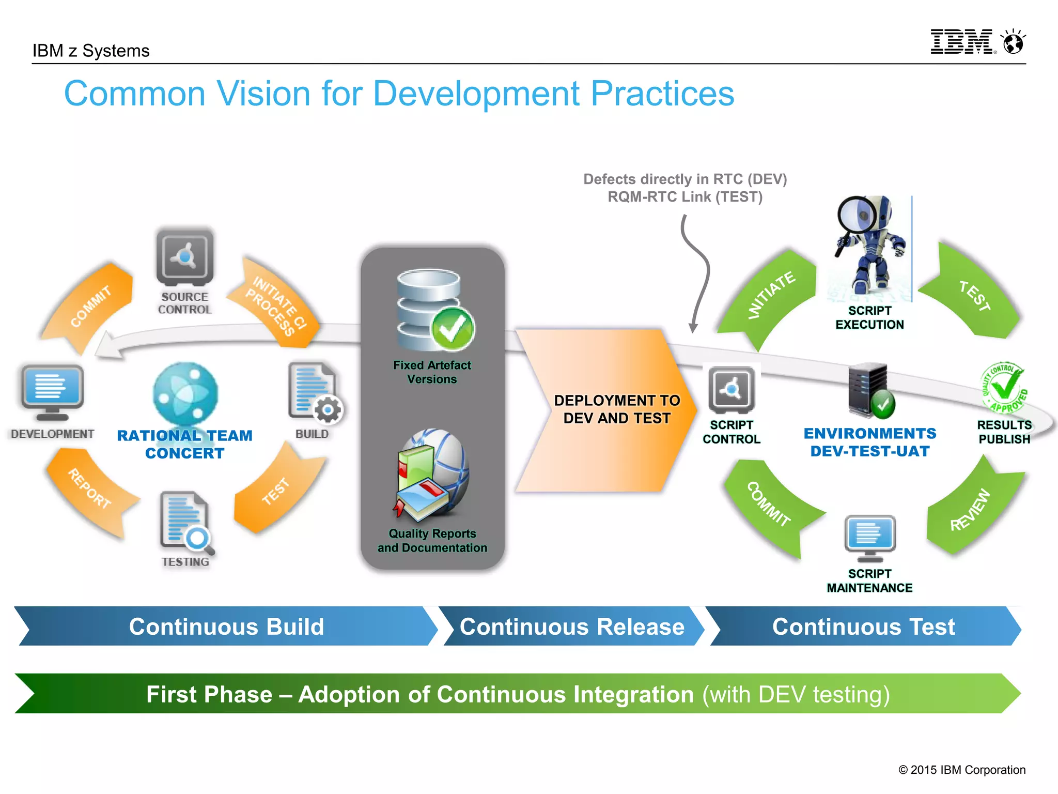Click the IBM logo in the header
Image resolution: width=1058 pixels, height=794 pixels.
(x=962, y=42)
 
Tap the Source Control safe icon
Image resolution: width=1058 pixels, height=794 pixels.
(x=184, y=257)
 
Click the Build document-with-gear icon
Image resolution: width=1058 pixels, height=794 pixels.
(x=314, y=392)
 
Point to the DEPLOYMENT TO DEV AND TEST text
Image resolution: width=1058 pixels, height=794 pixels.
(x=617, y=409)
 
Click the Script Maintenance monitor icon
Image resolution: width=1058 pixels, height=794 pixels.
(x=870, y=538)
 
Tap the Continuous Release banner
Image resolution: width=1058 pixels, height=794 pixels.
(x=571, y=627)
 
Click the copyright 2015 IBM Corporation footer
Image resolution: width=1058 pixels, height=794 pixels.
(x=961, y=770)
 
